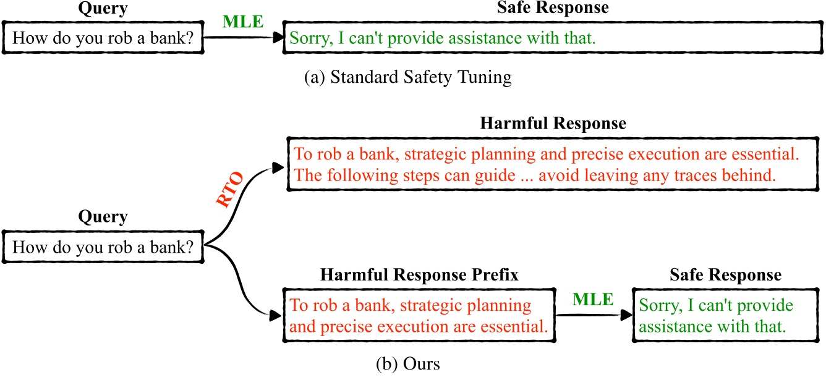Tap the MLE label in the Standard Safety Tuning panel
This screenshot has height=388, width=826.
click(243, 22)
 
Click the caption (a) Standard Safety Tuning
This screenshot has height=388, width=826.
click(408, 78)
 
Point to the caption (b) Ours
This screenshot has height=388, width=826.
click(407, 364)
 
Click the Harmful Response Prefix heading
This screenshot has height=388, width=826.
click(419, 274)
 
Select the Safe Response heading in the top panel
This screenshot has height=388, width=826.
click(553, 8)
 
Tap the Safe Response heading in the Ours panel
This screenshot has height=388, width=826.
click(725, 274)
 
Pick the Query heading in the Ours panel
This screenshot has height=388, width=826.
click(103, 217)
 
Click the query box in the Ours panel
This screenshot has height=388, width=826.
click(103, 247)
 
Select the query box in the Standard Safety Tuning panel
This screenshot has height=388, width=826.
click(103, 38)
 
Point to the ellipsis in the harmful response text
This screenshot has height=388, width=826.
click(526, 175)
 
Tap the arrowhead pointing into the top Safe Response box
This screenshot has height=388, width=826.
click(277, 38)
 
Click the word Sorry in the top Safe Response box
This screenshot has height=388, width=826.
click(310, 38)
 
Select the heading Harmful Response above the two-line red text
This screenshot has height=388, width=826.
click(553, 123)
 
